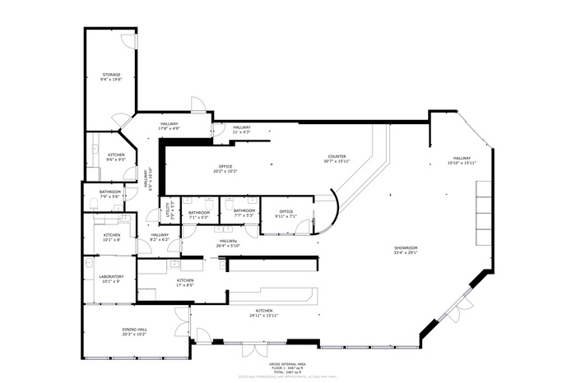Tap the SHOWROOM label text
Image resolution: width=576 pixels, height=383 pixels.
pos(406,250)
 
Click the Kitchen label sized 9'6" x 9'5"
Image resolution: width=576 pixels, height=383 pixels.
pos(116,157)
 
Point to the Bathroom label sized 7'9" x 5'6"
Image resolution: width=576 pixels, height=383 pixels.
pos(109,194)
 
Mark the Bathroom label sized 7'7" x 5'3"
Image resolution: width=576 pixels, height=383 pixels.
pos(244,213)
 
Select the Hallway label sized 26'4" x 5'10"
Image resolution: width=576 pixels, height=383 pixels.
pos(227,243)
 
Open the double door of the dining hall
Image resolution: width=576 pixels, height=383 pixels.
pos(182,321)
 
